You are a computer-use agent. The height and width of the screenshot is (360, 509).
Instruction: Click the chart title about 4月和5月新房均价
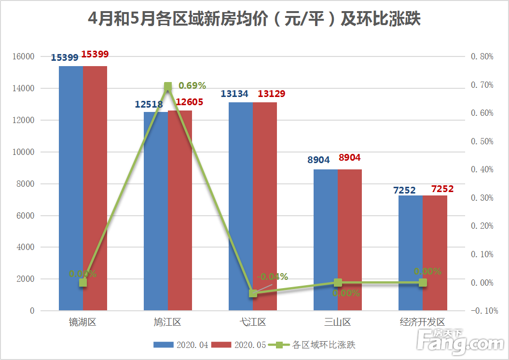pos(254,19)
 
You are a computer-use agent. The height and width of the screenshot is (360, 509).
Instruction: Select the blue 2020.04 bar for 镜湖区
pos(71,188)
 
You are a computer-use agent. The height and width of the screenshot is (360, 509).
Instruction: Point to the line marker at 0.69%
pos(168,87)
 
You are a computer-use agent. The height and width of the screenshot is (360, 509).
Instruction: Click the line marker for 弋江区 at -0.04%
pos(253,293)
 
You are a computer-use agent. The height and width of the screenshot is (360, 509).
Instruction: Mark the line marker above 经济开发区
pos(423,282)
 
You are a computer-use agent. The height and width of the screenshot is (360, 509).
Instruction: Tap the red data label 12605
pos(189,102)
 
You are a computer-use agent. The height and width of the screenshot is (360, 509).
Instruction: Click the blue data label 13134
pos(234,94)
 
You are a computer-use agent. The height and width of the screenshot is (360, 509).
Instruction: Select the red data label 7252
pos(442,189)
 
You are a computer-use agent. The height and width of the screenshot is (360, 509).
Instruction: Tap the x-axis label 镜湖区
pos(83,322)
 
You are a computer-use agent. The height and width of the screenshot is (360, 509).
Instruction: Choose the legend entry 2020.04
pos(181,345)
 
